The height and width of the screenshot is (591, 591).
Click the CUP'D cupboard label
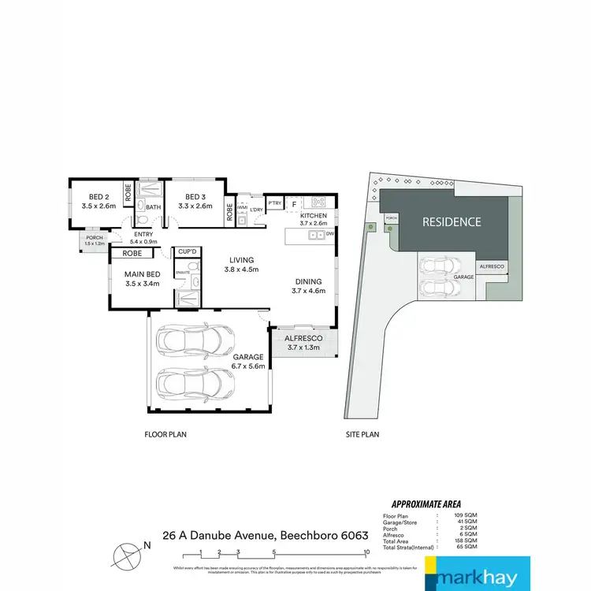188,251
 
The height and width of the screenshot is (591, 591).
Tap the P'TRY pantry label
274,203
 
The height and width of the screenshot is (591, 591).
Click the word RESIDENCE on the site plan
452,221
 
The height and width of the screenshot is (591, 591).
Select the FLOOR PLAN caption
165,434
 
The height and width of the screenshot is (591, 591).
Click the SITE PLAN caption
362,434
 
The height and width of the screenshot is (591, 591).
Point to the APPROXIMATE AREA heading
426,504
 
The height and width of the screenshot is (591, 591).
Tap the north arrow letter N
146,545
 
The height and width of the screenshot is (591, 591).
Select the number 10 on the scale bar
367,551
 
